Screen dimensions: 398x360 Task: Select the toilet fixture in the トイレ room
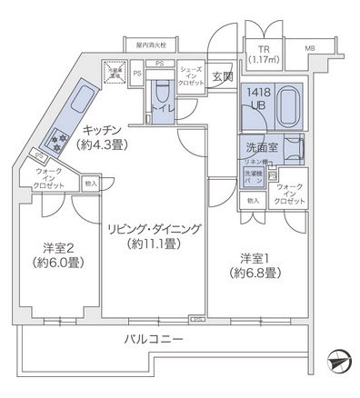(x=165, y=95)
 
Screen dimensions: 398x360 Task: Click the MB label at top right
(x=310, y=48)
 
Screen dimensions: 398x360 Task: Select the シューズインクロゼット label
(x=191, y=75)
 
